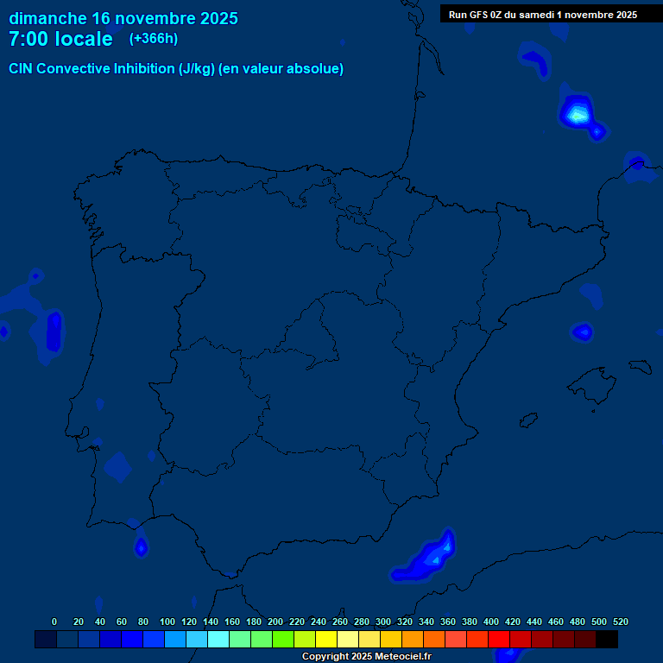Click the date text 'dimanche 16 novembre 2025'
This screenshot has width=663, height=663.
(123, 18)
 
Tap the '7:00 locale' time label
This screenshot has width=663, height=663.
(60, 40)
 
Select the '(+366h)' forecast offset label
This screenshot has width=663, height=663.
(154, 39)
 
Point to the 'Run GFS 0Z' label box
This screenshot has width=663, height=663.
(543, 14)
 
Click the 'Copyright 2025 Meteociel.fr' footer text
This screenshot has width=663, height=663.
(366, 656)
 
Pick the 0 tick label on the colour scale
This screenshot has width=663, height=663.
(54, 622)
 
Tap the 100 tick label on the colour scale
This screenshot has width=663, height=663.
(167, 622)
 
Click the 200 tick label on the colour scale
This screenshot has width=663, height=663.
(275, 622)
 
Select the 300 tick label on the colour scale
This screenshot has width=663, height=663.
(383, 622)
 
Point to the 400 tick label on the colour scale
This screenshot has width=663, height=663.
(491, 622)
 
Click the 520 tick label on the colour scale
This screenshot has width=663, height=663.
(621, 622)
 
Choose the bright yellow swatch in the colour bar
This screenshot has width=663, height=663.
(326, 640)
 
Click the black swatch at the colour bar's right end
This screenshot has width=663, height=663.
(607, 640)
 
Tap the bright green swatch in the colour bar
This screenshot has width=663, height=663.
(283, 640)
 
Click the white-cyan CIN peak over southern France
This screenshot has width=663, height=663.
(578, 112)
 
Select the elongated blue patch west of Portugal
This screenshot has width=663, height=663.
(54, 331)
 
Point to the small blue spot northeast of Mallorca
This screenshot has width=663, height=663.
(583, 331)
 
